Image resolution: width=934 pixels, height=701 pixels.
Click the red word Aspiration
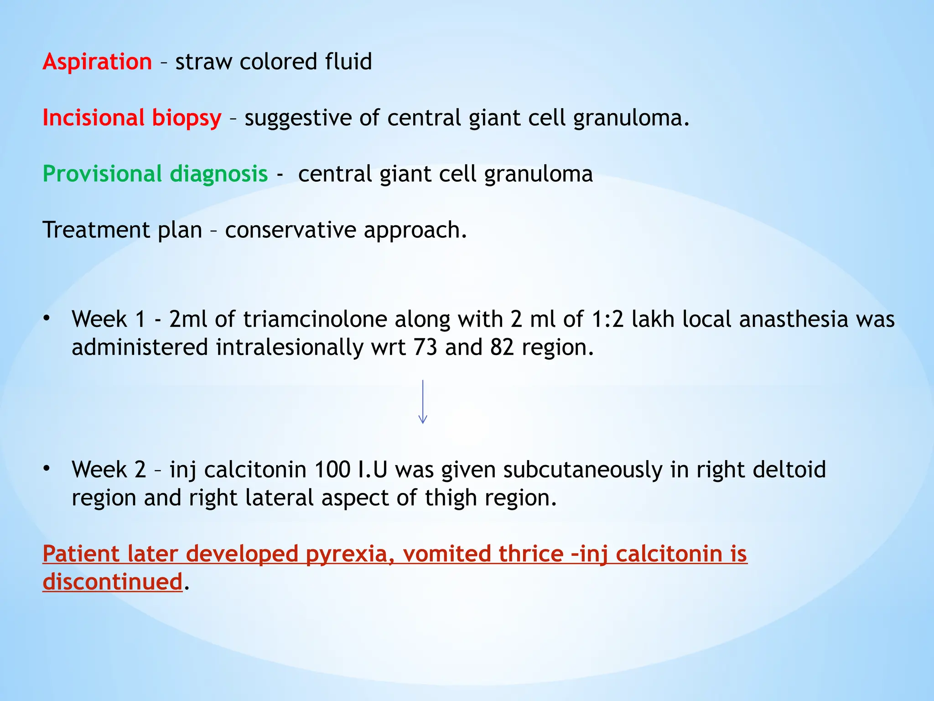point(97,62)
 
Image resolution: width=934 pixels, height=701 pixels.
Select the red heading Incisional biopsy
point(132,118)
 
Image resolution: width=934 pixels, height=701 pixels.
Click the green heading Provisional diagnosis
point(155,174)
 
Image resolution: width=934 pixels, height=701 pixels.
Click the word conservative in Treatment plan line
point(290,230)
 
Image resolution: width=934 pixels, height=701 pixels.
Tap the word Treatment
point(96,230)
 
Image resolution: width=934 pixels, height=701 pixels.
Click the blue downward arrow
point(423,402)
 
